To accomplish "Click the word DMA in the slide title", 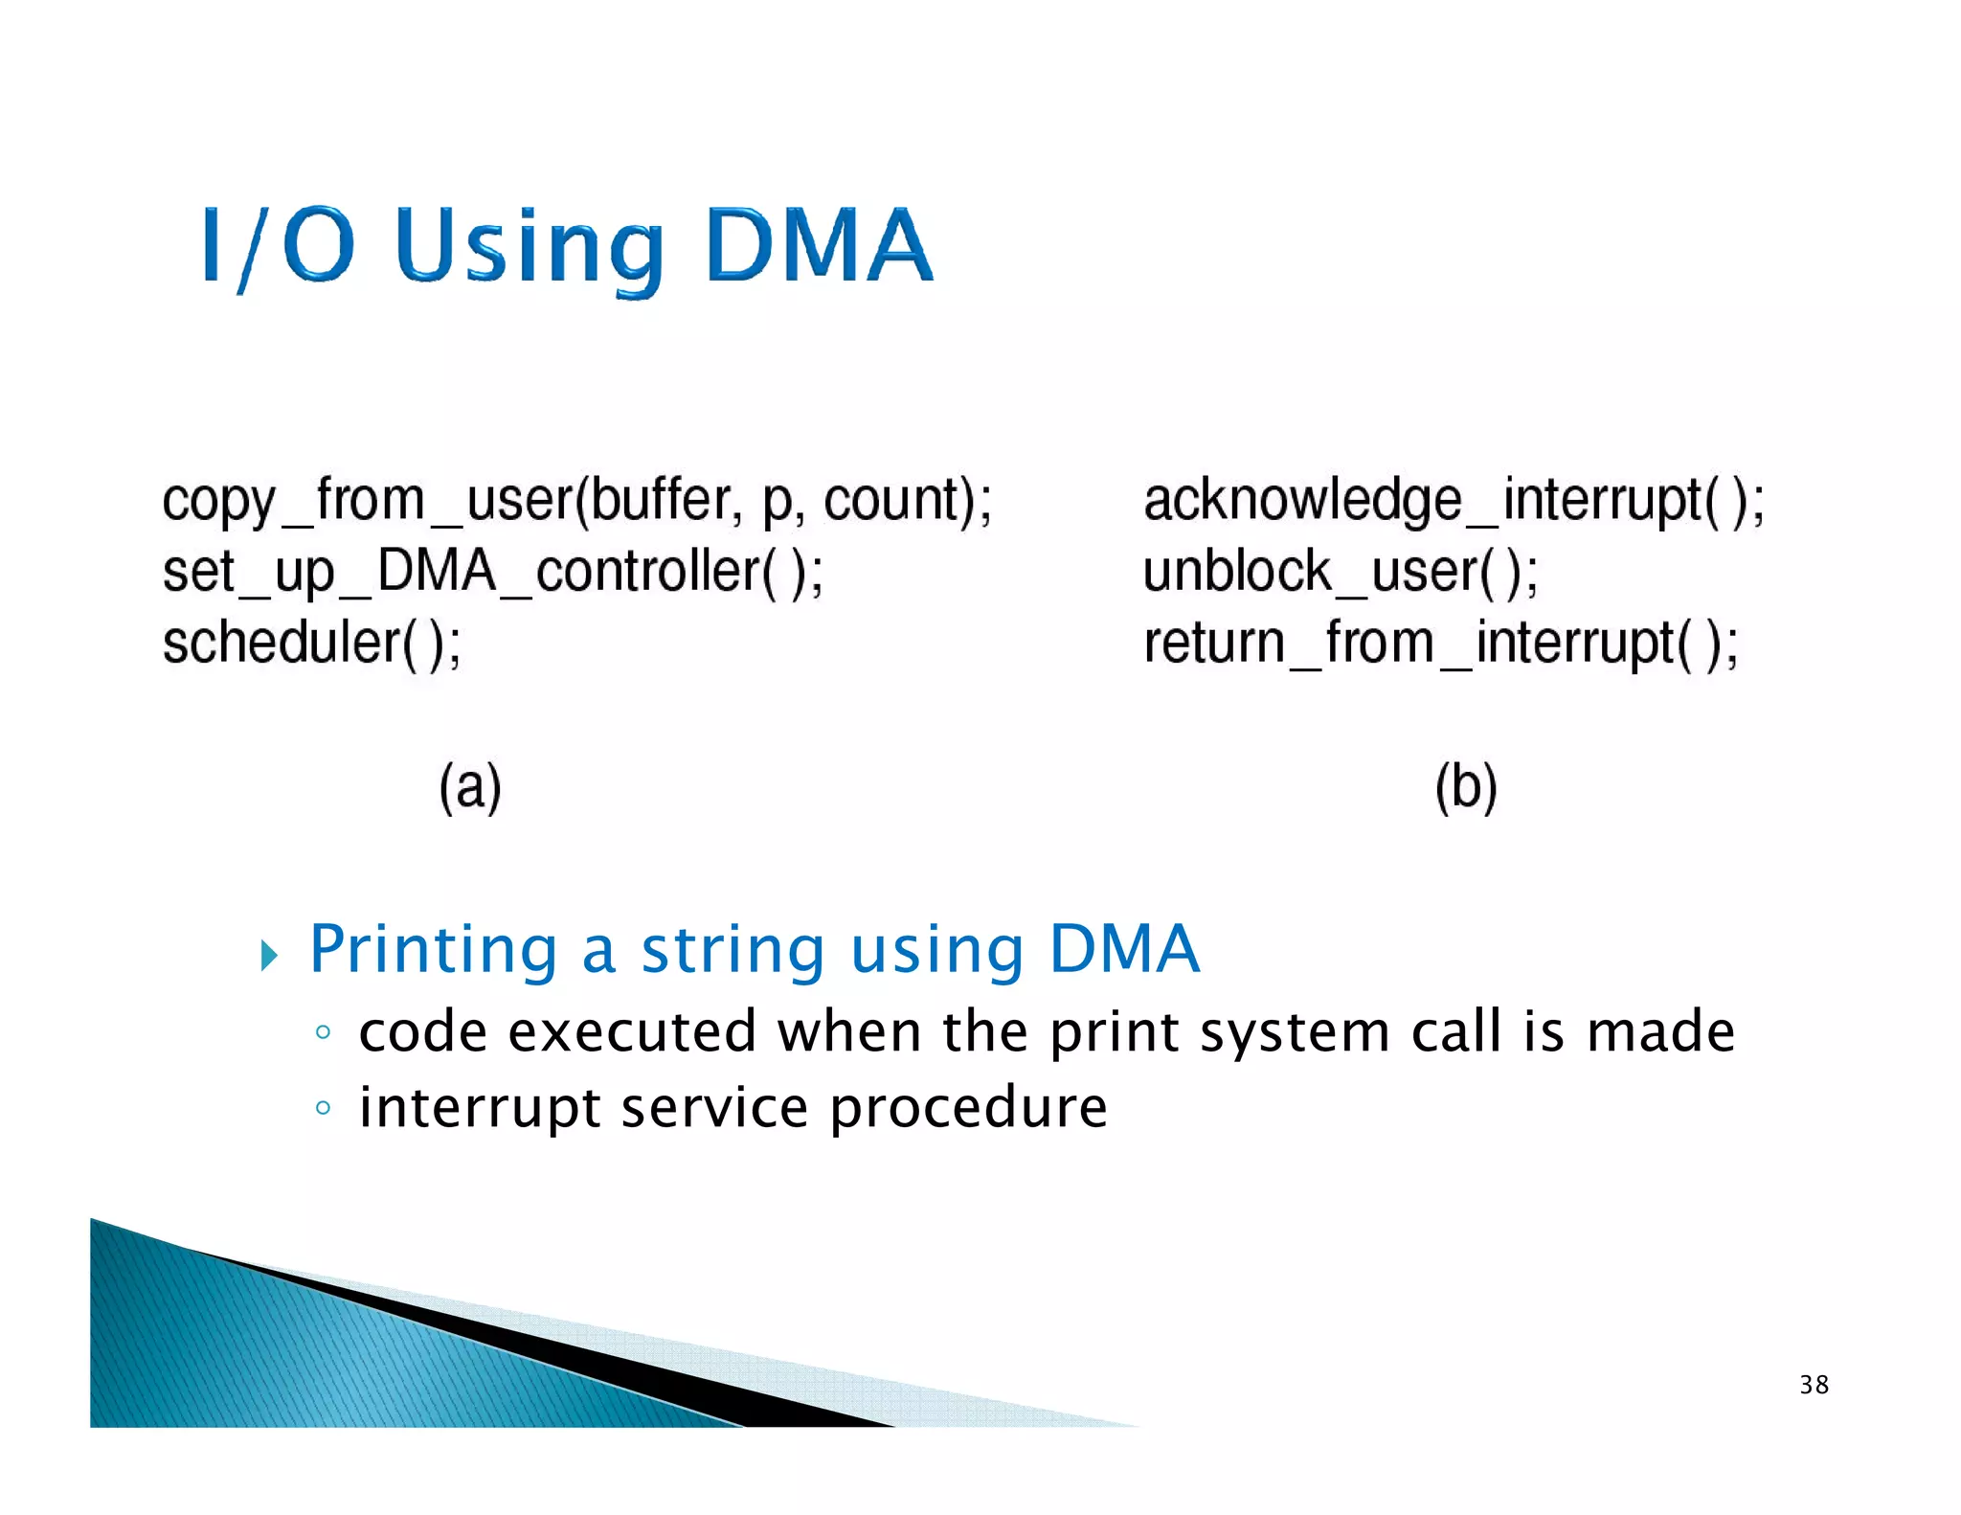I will [x=819, y=246].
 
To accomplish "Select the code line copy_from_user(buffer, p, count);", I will [x=576, y=501].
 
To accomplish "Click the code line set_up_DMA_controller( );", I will [x=492, y=572].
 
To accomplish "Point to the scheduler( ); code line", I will [x=311, y=643].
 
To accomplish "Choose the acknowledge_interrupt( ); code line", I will [x=1453, y=501].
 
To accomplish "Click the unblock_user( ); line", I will [x=1340, y=572].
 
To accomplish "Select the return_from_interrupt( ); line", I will [x=1440, y=643].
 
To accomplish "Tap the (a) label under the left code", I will [x=470, y=787].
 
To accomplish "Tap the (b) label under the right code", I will [x=1465, y=787].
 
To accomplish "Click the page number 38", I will [x=1814, y=1385].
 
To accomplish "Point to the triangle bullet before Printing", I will [x=269, y=955].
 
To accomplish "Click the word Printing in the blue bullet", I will [x=433, y=950].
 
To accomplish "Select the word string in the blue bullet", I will [x=733, y=950].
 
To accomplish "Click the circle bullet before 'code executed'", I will [x=323, y=1032].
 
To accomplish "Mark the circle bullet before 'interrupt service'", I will [x=323, y=1108].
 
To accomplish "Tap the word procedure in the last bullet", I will [x=968, y=1109].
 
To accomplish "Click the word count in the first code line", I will [x=891, y=501].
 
